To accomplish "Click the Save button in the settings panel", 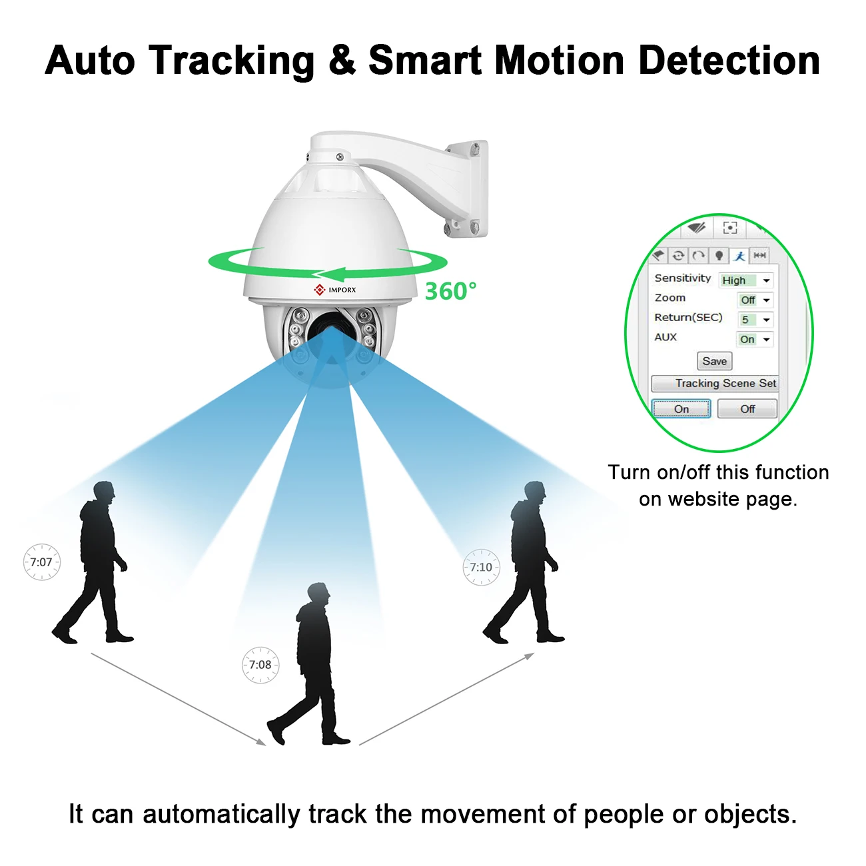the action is coord(714,361).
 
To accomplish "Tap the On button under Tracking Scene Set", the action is coord(681,408).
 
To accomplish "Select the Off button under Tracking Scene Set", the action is coord(747,408).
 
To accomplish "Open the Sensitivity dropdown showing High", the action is coord(746,280).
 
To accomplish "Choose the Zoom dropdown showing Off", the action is coord(755,300).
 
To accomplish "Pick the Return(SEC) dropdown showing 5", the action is coord(755,320).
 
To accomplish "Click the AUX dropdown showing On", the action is coord(755,339).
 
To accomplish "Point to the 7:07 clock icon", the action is coord(41,562).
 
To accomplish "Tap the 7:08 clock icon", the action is coord(260,664).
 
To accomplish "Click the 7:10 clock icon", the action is coord(481,567).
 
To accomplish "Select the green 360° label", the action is coord(450,291).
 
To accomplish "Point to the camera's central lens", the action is coord(328,330).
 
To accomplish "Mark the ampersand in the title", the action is coord(342,61).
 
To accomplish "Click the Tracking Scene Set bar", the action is coord(714,383).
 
